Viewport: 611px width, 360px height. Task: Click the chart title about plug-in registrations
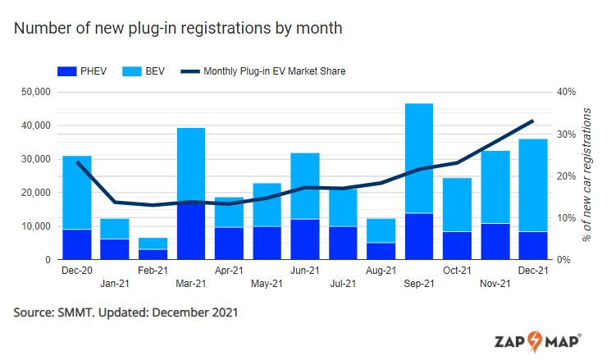pos(177,28)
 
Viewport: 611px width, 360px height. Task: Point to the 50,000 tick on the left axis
pos(35,92)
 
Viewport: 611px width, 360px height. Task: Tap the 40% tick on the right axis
pos(568,92)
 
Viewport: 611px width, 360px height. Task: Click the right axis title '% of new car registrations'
pos(587,174)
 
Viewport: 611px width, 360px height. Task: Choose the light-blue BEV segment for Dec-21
pos(533,185)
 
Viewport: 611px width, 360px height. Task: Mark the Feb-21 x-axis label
pos(153,270)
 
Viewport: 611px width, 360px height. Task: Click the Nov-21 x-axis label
pos(495,284)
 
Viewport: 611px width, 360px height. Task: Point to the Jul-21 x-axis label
pos(343,284)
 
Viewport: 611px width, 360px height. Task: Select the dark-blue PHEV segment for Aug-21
pos(381,251)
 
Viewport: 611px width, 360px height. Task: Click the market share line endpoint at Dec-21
pos(533,121)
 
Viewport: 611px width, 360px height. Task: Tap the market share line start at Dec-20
pos(77,162)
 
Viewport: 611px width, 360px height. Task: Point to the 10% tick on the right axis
pos(568,218)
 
